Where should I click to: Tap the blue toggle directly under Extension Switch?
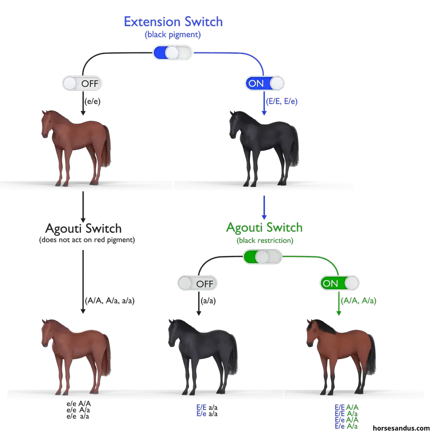click(172, 53)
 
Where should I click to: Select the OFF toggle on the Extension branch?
click(82, 83)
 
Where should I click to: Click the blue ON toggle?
click(265, 83)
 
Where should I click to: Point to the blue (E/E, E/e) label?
click(282, 102)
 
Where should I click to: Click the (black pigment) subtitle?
click(173, 34)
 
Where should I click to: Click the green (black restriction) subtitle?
click(265, 240)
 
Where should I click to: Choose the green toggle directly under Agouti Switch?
click(262, 256)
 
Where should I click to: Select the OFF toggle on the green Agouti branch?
click(198, 283)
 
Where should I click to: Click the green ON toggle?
click(339, 283)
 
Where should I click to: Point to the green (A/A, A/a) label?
click(358, 301)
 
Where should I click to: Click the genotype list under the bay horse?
click(347, 416)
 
